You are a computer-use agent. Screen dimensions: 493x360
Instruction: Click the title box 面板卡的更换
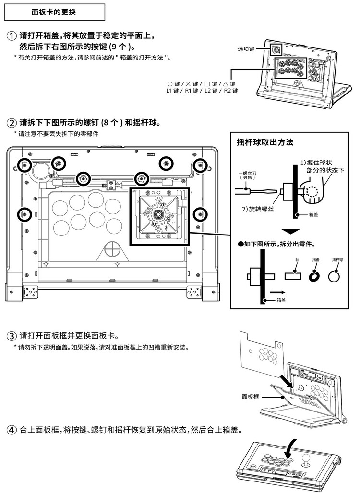pos(54,12)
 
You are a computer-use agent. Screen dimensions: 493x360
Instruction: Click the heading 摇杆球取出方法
pos(265,142)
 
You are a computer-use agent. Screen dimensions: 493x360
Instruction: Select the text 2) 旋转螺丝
pos(257,209)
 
